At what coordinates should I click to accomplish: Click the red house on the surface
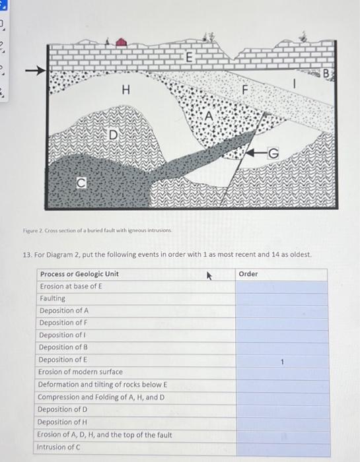click(x=121, y=42)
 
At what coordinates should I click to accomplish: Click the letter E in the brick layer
click(x=190, y=57)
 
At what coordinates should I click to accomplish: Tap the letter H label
click(x=126, y=90)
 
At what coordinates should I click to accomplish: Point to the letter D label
click(x=114, y=135)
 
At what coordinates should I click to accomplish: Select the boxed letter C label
click(x=81, y=183)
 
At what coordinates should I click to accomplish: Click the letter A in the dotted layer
click(x=209, y=115)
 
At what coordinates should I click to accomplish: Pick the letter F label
click(x=244, y=90)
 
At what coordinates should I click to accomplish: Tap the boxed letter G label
click(x=273, y=153)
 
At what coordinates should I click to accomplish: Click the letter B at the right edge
click(x=326, y=73)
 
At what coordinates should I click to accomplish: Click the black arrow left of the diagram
click(x=36, y=71)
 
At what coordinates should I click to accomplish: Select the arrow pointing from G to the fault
click(x=256, y=152)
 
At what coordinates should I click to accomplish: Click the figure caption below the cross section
click(x=97, y=230)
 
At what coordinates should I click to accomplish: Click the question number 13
click(x=28, y=255)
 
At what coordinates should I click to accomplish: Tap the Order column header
click(x=248, y=274)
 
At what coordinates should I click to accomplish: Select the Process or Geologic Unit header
click(x=80, y=274)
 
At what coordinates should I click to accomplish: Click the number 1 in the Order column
click(x=282, y=362)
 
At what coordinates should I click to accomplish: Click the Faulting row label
click(x=52, y=298)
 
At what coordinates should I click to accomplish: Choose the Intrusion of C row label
click(x=58, y=447)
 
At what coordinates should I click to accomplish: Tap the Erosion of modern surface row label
click(x=80, y=372)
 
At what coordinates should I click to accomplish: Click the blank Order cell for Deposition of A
click(x=281, y=311)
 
